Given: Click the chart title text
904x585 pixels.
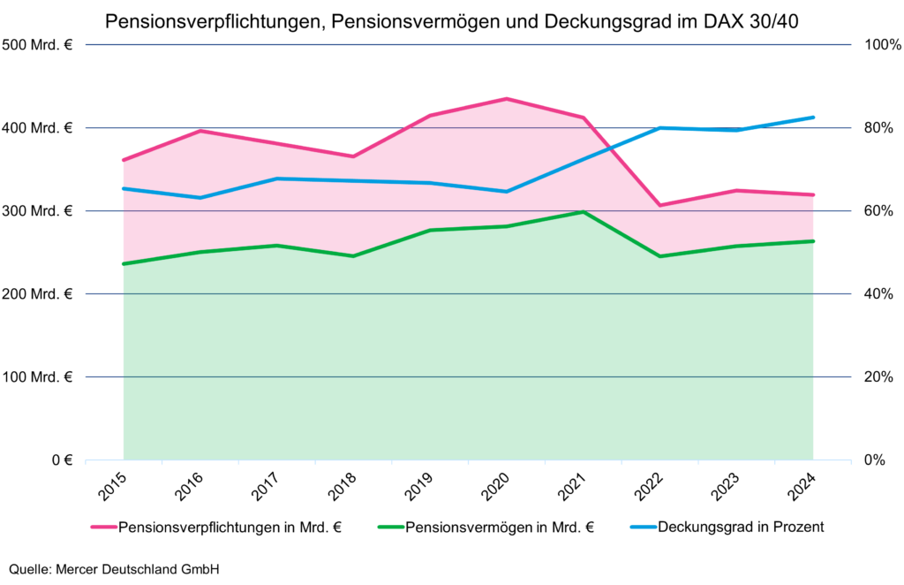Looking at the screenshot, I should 452,19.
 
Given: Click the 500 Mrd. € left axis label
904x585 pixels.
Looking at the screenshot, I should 37,45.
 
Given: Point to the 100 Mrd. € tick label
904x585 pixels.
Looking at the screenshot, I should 37,377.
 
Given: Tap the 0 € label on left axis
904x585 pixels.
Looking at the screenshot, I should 61,460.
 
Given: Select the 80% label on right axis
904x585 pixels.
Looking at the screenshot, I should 878,128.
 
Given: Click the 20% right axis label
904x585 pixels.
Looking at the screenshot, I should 878,377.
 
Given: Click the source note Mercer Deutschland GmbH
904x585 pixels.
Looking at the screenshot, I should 114,569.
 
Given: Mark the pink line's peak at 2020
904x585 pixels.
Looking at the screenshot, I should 506,99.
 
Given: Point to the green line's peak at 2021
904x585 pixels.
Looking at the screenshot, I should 583,212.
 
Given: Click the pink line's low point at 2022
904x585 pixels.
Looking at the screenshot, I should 659,205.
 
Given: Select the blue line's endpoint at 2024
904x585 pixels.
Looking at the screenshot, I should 812,118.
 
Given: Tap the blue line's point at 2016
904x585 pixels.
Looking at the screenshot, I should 200,198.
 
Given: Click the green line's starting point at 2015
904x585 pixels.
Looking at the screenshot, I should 124,263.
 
